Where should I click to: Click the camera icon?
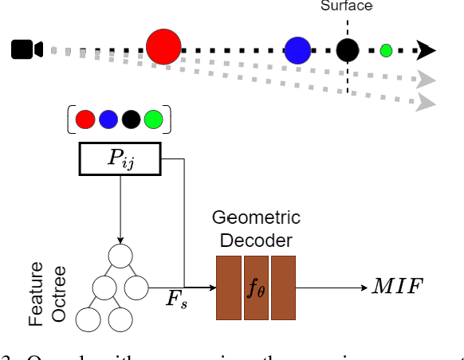pos(26,50)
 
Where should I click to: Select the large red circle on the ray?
pos(163,46)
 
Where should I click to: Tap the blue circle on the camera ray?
pos(298,50)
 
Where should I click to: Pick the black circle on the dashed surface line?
pos(347,50)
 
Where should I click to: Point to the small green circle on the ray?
pos(386,50)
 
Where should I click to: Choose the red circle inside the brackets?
pos(85,119)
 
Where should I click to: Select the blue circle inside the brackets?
pos(108,119)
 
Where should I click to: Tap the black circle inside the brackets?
pos(132,119)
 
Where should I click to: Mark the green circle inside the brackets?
pos(154,119)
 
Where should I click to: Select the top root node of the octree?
pos(120,256)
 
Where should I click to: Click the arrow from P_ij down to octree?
pos(120,209)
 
